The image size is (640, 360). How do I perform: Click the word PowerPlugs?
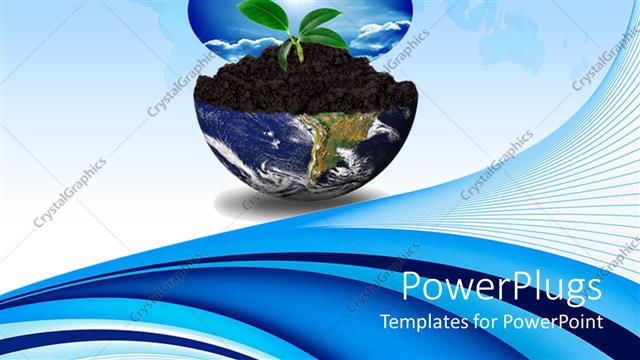[x=501, y=287]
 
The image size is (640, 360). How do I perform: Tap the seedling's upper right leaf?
[x=319, y=18]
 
